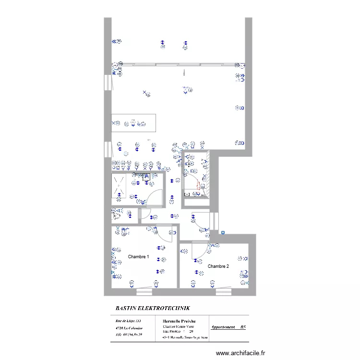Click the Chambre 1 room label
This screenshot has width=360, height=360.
click(138, 257)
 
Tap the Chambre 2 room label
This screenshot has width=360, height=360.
click(218, 266)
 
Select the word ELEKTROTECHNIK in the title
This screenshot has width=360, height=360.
click(167, 308)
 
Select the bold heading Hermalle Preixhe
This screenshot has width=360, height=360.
click(179, 321)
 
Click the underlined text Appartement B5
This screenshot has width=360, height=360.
click(229, 327)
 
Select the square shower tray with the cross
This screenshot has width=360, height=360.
click(119, 186)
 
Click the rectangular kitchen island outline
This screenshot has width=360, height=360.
click(134, 123)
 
